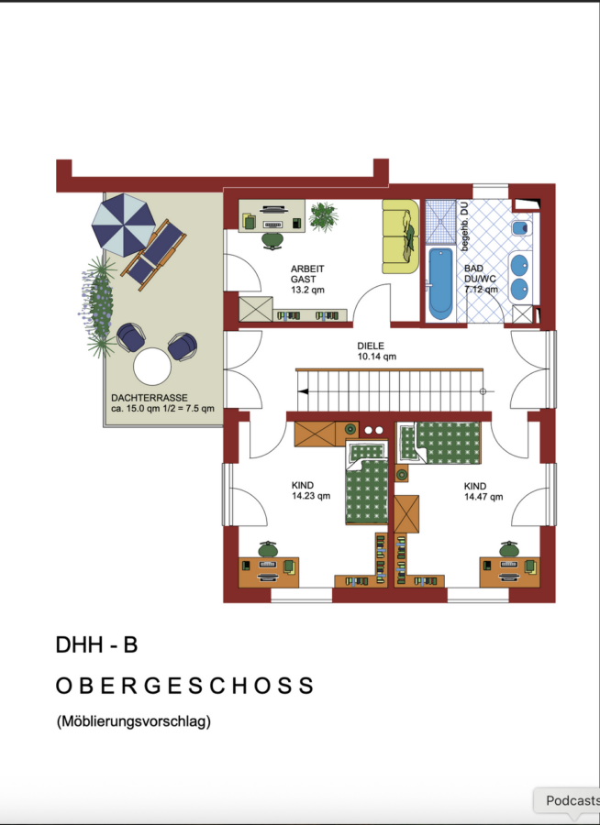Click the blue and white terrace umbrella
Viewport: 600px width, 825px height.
coord(123,225)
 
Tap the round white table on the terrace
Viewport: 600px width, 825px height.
coord(152,367)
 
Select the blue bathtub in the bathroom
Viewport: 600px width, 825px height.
coord(440,283)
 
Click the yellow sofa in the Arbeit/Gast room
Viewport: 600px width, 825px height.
coord(400,236)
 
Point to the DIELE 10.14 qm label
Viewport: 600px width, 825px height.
coord(377,351)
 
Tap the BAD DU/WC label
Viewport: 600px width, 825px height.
coord(481,279)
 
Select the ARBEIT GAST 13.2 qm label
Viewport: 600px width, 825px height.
coord(307,279)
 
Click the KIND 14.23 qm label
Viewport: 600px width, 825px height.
coord(311,490)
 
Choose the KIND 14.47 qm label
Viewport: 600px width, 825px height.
coord(483,491)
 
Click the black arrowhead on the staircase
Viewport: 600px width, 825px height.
coord(304,391)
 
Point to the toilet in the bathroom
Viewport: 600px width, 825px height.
coord(521,228)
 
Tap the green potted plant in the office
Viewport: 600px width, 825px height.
coord(323,216)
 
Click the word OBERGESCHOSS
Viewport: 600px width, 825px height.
coord(185,686)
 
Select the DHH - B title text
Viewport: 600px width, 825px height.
coord(96,644)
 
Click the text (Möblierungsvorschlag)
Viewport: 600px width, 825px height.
coord(134,720)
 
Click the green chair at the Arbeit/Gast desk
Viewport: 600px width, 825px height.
coord(272,240)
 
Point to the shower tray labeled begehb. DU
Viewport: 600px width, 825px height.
coord(440,222)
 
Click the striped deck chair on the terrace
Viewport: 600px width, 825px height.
coord(153,255)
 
